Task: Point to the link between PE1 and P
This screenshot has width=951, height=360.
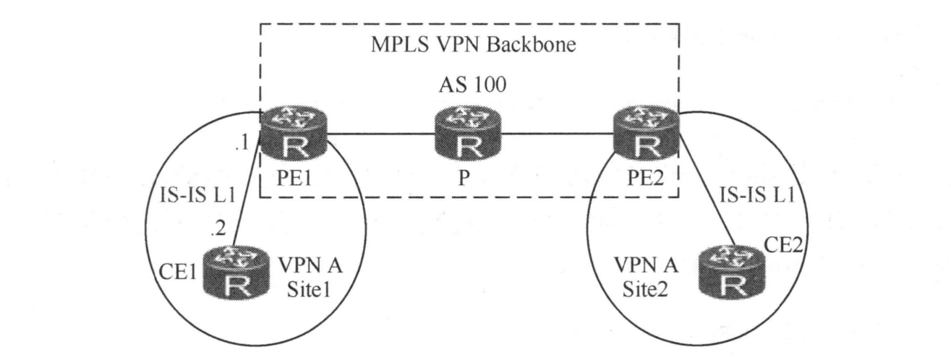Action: pyautogui.click(x=382, y=133)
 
